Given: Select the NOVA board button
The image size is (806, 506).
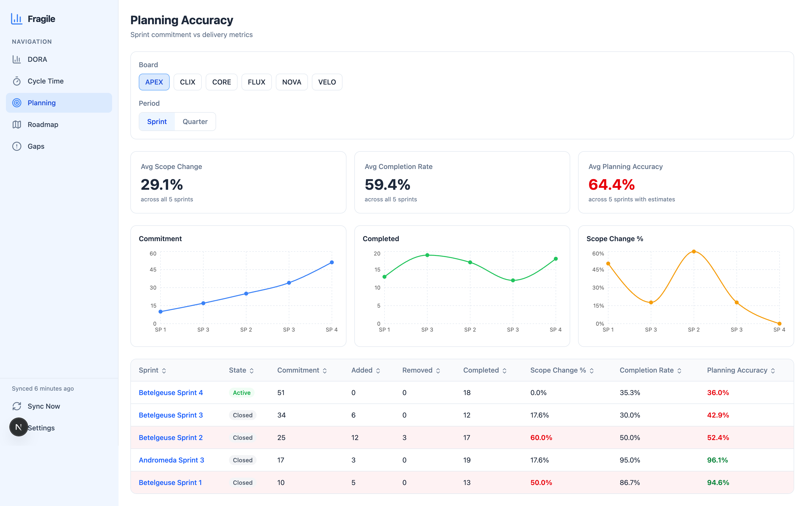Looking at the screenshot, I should click(x=291, y=82).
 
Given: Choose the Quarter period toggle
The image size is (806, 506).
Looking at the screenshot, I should click(x=195, y=122).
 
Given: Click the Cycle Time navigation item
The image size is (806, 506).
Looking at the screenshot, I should click(x=45, y=81).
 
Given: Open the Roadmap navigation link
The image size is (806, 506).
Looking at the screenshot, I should click(x=43, y=125).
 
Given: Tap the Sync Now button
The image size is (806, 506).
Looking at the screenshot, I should click(x=43, y=406).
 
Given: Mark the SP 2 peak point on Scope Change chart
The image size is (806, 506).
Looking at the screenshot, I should click(x=694, y=251).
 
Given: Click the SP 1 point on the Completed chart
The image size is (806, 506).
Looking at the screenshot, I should click(x=384, y=277).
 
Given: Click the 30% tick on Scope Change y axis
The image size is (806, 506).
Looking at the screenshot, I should click(x=598, y=288).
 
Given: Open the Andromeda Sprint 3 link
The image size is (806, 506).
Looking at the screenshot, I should click(x=171, y=460).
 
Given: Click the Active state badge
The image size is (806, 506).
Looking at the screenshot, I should click(x=242, y=393).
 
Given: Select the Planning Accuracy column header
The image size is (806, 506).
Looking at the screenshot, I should click(x=737, y=370).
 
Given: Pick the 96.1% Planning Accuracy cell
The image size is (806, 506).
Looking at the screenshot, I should click(x=717, y=460).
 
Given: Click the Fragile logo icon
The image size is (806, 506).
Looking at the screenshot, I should click(x=16, y=19).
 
